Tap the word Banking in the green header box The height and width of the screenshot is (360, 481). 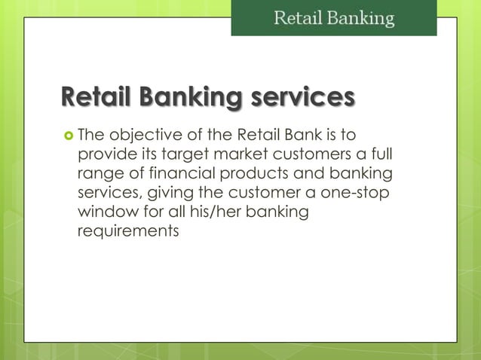pos(360,18)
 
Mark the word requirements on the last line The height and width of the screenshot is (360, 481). pos(128,232)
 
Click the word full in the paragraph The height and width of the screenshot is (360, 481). pos(379,156)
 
